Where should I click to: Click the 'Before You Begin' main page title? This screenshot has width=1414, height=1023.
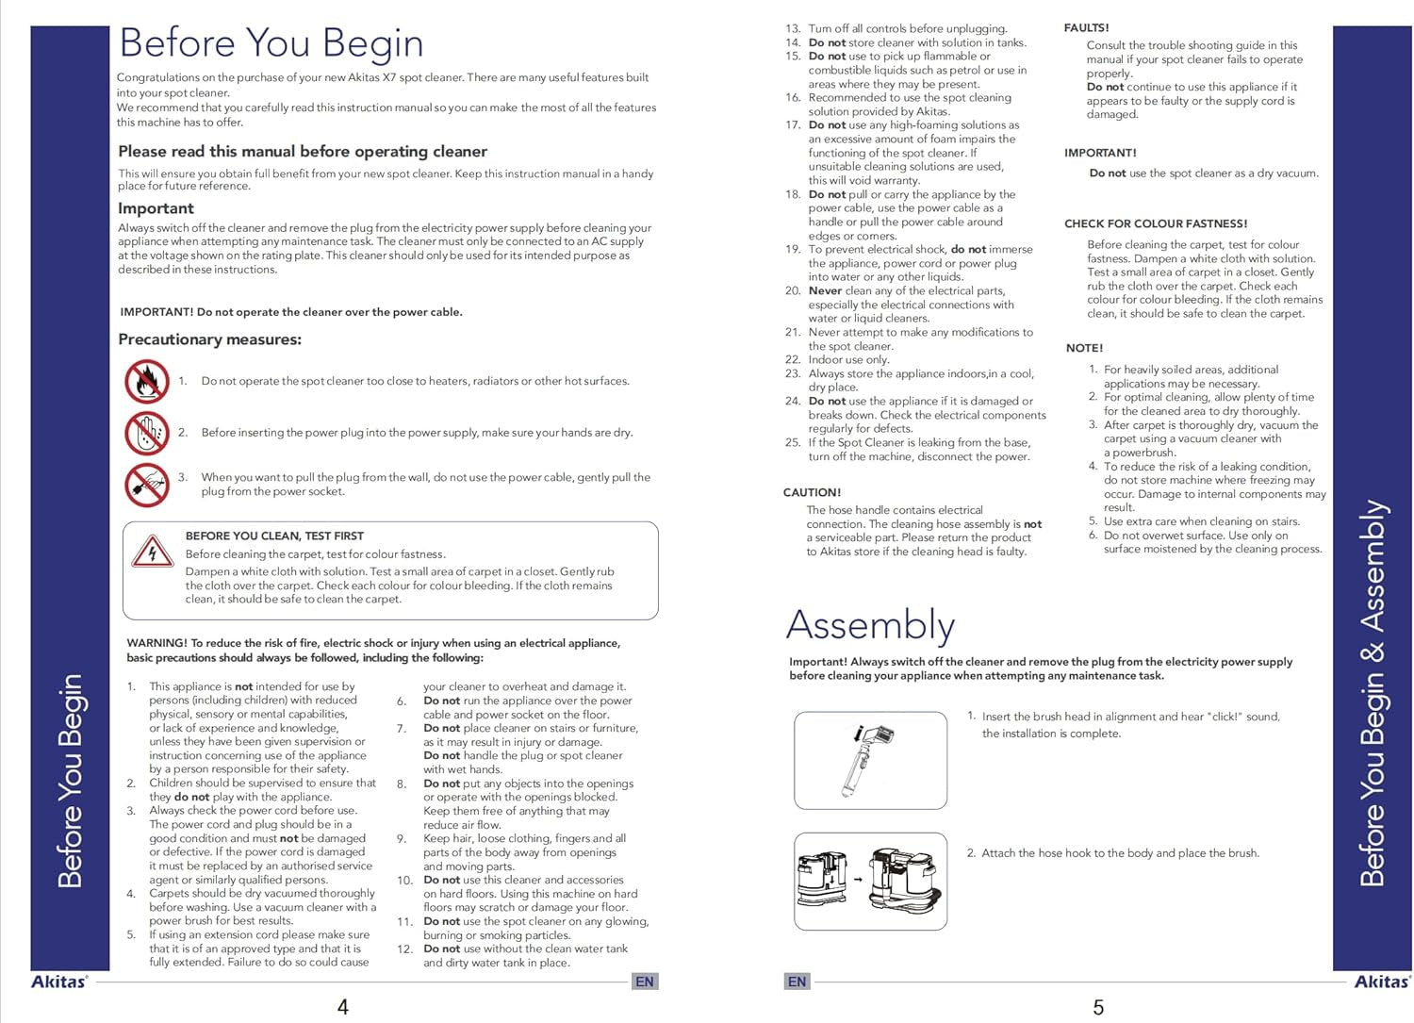point(271,43)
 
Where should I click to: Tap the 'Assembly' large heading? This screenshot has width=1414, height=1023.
point(870,625)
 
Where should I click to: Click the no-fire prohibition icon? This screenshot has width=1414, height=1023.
point(147,382)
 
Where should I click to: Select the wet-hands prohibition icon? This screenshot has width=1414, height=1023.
point(147,433)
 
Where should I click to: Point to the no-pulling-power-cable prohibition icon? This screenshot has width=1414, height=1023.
point(147,485)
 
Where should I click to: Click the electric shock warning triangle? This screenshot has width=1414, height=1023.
point(153,552)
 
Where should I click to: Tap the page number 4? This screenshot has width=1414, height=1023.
point(343,1007)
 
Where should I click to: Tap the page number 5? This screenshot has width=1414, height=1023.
point(1098,1007)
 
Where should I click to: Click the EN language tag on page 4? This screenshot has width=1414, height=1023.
point(645,982)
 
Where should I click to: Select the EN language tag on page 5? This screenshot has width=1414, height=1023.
point(797,982)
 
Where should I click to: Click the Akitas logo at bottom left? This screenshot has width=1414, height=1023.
point(59,982)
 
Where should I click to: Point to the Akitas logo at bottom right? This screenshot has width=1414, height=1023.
point(1382,982)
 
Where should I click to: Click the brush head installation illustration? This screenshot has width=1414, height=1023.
point(870,760)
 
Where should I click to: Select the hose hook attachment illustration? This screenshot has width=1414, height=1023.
point(870,881)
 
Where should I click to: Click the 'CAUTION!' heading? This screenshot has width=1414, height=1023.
point(812,492)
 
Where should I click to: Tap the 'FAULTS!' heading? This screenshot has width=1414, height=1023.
point(1086,28)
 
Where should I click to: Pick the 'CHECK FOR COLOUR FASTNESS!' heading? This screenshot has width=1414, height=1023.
point(1156,223)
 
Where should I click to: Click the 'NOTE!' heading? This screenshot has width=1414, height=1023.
point(1084,348)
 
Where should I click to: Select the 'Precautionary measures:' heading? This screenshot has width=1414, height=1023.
point(209,339)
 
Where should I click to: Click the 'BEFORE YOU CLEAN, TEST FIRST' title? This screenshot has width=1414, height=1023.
point(274,536)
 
